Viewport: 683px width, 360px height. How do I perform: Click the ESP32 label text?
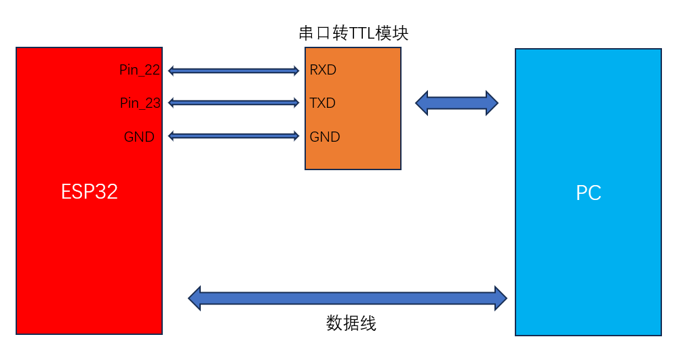coord(89,192)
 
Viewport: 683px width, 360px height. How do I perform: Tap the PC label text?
coord(588,193)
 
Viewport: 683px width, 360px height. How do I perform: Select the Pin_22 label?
coord(140,70)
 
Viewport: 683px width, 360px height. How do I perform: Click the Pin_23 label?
coord(140,103)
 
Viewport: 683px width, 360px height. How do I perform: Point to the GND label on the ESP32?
coord(139,137)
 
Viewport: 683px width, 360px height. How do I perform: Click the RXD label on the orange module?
coord(323,70)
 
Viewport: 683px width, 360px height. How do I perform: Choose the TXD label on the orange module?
coord(323,103)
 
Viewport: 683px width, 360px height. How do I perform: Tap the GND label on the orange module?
coord(325,137)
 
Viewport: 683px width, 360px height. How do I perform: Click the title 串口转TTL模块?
coord(353,33)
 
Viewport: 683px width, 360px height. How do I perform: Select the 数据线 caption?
coord(351,323)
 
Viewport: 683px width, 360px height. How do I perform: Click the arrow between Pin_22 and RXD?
coord(233,71)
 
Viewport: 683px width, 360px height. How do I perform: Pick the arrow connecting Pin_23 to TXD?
coord(233,103)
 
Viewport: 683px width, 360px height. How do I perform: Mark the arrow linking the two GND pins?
coord(233,136)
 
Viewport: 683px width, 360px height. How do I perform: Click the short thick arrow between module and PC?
coord(456,103)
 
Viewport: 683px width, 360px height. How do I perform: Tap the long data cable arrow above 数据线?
coord(347,298)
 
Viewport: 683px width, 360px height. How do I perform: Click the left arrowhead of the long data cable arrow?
coord(195,298)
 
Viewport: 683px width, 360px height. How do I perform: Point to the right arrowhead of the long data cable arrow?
coord(501,298)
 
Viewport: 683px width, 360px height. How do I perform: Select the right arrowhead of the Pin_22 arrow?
coord(295,71)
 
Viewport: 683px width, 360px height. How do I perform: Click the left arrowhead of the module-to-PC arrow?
coord(422,103)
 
